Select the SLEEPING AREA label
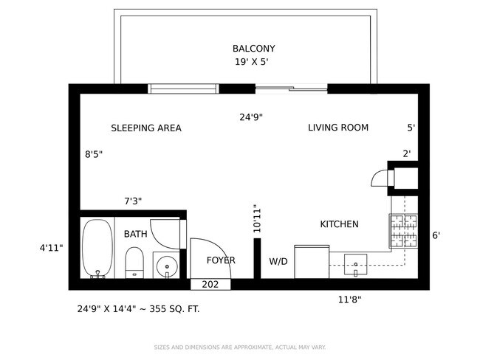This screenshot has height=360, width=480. coord(146,128)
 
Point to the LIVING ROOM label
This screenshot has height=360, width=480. coord(338,128)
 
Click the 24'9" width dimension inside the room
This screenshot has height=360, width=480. coord(251,117)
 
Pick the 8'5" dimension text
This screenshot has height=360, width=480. coord(94,155)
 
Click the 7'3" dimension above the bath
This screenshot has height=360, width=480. coord(133,201)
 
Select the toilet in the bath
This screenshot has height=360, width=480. coord(134,262)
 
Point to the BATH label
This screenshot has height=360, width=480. coord(135,234)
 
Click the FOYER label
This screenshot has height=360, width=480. coord(221,260)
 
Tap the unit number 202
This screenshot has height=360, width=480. coord(210,285)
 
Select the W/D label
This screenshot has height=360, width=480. coord(278,261)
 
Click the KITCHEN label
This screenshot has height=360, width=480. coord(339,224)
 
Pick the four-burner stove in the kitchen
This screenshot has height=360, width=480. coord(403,230)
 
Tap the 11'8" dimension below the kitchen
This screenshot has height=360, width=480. coord(349,300)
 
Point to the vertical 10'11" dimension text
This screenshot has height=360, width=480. coord(257,219)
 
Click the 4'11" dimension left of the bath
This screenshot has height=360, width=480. coord(52,248)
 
